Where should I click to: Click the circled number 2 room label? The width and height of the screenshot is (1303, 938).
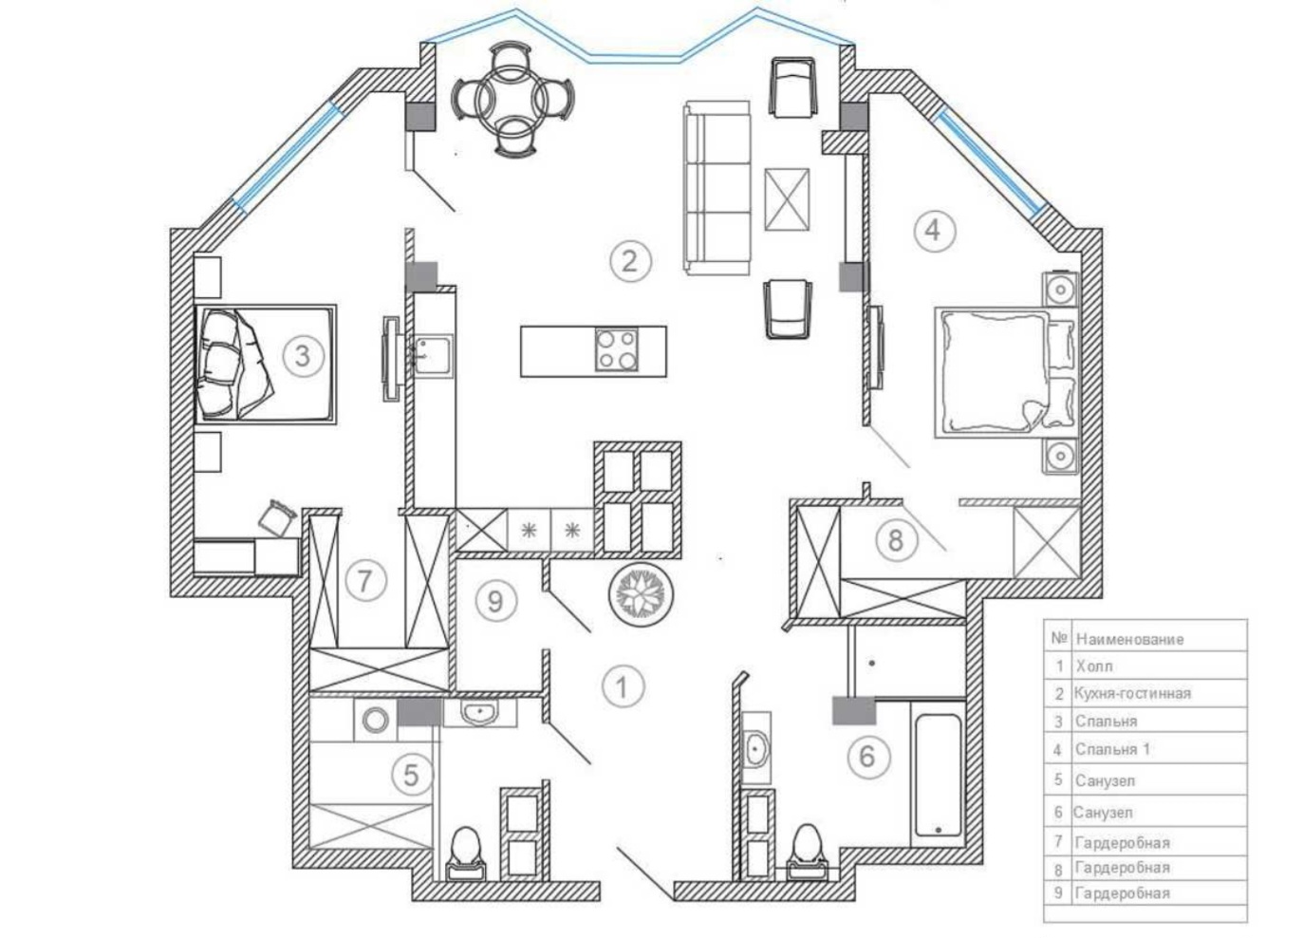[x=630, y=262]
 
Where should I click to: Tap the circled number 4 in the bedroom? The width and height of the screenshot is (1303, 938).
[x=934, y=231]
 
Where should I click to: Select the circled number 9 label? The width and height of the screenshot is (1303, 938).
[x=496, y=601]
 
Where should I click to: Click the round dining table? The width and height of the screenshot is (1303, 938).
[x=512, y=99]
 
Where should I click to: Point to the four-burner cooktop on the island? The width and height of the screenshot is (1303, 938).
[x=616, y=349]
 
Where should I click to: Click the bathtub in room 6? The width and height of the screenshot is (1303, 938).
[x=938, y=777]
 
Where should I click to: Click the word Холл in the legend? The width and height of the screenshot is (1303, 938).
[x=1094, y=666]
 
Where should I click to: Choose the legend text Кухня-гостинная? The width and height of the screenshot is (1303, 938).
[x=1132, y=693]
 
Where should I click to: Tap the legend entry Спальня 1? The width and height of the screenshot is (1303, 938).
[x=1112, y=749]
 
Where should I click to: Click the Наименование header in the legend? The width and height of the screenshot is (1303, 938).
[x=1129, y=639]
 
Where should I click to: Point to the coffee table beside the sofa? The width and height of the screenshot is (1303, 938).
[x=787, y=199]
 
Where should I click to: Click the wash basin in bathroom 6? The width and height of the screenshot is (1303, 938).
[x=756, y=748]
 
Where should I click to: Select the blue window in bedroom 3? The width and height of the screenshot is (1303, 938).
[x=287, y=156]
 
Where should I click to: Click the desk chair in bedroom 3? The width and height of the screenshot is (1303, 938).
[x=277, y=516]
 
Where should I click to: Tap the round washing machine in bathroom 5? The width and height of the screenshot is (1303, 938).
[x=375, y=721]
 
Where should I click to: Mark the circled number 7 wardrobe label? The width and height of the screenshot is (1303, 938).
[x=365, y=580]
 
